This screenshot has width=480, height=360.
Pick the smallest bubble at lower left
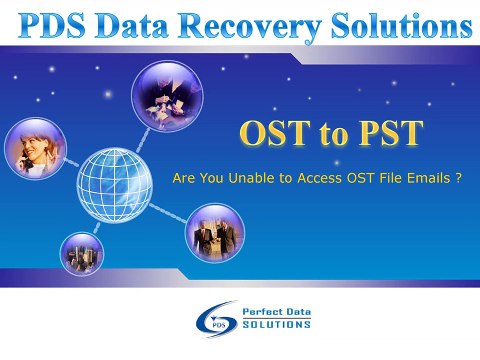coord(82,254)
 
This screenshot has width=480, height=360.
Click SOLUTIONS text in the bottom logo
coord(276,325)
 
